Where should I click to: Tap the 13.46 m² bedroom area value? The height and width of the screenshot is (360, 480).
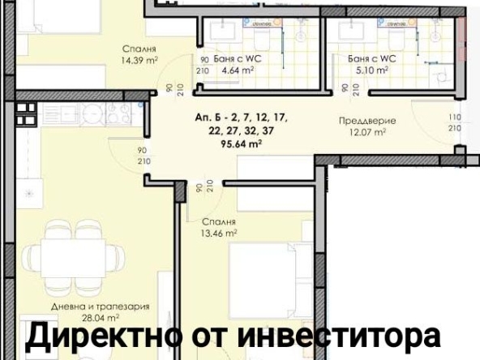(x=218, y=232)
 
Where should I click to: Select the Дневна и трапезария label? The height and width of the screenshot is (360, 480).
(x=101, y=307)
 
